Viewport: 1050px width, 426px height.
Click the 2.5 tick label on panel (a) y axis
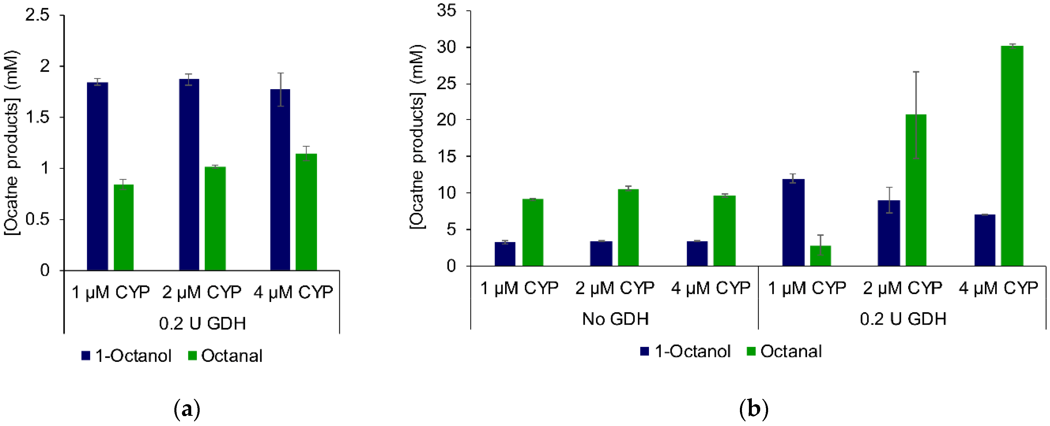(x=37, y=15)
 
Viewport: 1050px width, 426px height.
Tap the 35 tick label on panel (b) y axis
(x=446, y=10)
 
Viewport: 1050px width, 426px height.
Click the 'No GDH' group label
(x=615, y=319)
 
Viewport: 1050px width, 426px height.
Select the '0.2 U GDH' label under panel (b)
(x=903, y=319)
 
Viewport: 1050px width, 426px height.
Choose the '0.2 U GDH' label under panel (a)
(x=202, y=323)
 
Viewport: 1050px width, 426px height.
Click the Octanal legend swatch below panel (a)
(x=192, y=355)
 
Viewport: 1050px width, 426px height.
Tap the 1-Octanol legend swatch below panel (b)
(x=644, y=351)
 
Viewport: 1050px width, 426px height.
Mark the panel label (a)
(x=187, y=409)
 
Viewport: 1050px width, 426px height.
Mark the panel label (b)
(x=753, y=409)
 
